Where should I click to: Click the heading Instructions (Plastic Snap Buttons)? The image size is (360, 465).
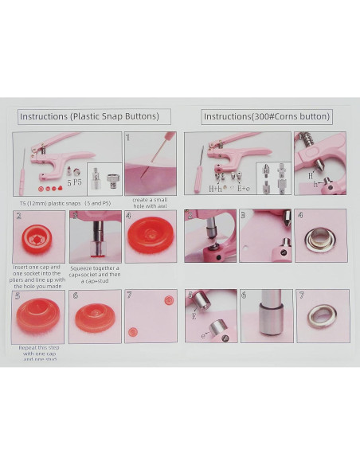point(95,116)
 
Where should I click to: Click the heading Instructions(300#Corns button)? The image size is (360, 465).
point(267,116)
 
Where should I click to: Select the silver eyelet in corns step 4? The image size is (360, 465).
point(320,236)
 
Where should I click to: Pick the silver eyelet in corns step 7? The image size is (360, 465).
point(322,316)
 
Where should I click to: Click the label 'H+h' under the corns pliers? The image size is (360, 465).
point(215,189)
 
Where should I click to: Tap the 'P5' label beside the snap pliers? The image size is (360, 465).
point(77,182)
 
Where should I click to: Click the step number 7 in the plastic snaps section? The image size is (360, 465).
point(130,295)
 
